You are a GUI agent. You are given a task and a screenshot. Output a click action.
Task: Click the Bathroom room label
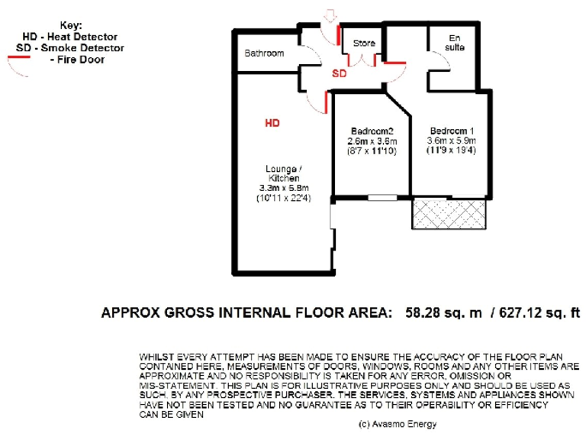[264, 53]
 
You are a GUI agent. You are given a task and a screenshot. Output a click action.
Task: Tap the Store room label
[363, 44]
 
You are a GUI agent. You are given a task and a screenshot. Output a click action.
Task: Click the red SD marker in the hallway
[339, 74]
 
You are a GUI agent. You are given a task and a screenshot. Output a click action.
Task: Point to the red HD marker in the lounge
[272, 122]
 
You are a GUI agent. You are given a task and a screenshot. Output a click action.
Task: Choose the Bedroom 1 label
[452, 130]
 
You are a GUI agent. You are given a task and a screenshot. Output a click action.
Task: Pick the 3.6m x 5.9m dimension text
[452, 141]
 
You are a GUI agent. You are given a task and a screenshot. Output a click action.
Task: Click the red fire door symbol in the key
[17, 64]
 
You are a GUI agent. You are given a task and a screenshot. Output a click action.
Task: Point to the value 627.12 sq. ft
[538, 312]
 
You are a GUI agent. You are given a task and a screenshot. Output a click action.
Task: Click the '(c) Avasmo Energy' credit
[395, 422]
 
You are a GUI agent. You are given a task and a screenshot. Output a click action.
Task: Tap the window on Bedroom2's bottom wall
[382, 198]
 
